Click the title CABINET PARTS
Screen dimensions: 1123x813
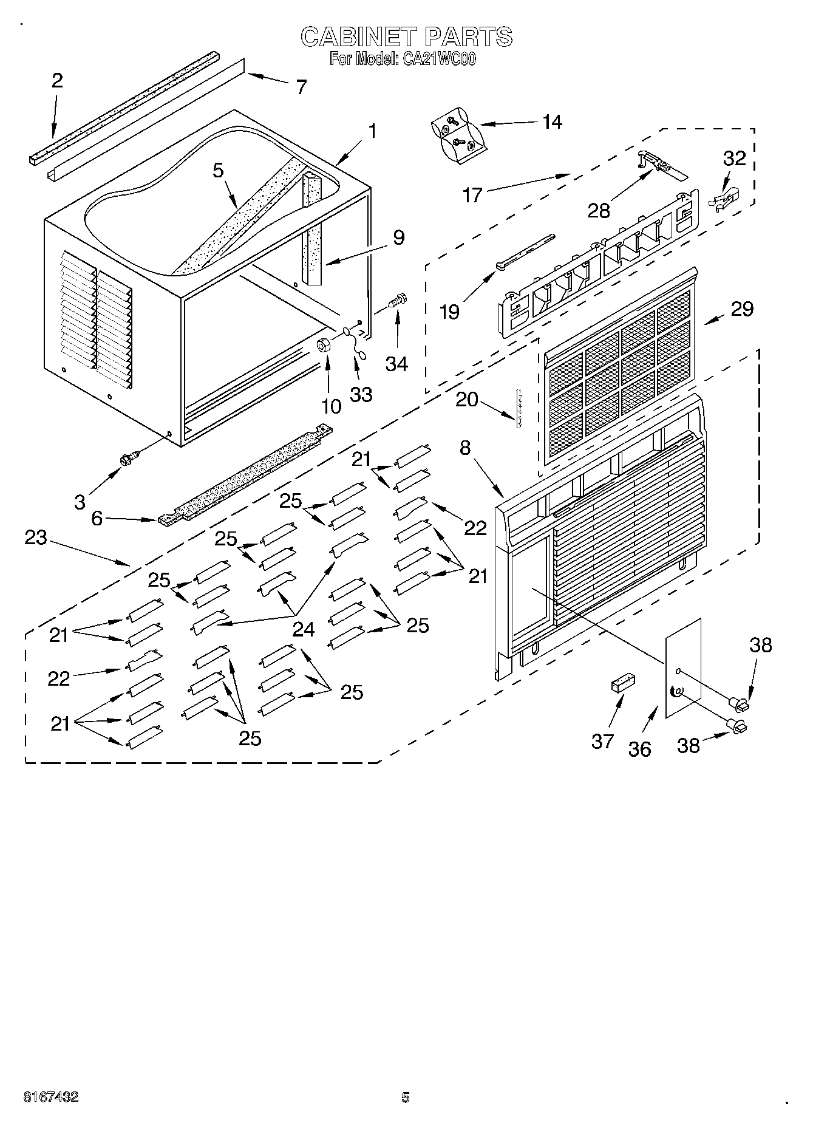pos(406,36)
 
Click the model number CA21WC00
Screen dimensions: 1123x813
pos(437,59)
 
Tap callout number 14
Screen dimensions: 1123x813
pos(551,121)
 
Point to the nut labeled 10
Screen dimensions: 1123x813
pos(324,346)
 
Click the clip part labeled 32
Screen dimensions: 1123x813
pos(724,200)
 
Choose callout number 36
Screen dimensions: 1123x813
pos(639,749)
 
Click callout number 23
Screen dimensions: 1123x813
pos(36,538)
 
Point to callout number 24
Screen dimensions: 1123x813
pos(303,629)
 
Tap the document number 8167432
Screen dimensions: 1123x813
pos(50,1097)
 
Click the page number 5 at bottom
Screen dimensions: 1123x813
pos(406,1097)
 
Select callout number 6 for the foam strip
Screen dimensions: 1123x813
pos(97,518)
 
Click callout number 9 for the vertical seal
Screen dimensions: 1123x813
pos(398,237)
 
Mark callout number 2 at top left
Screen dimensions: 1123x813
pos(57,80)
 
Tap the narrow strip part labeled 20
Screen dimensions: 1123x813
pos(520,409)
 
